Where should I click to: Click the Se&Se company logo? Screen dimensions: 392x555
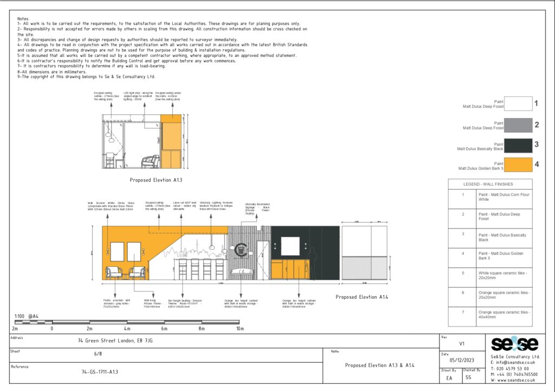coord(515,344)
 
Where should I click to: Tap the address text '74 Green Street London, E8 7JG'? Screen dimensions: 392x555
coord(115,342)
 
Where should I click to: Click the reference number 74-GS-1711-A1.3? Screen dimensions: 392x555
coord(96,372)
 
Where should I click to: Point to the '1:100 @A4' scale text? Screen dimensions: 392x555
coord(27,316)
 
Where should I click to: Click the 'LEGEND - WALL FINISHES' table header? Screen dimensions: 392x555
coord(490,184)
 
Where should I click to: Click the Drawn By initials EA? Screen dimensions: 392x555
coord(449,378)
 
